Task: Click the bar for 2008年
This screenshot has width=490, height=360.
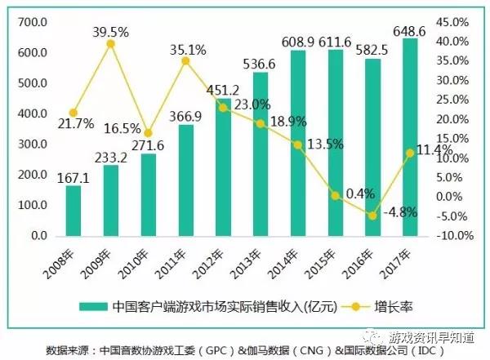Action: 73,211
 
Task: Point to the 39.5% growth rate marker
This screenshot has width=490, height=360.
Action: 111,43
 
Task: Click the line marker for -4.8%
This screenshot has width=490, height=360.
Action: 372,216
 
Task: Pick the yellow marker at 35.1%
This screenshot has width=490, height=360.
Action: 185,60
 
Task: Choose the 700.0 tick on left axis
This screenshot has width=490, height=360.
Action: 35,22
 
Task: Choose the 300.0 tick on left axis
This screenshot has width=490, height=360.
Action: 35,144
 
